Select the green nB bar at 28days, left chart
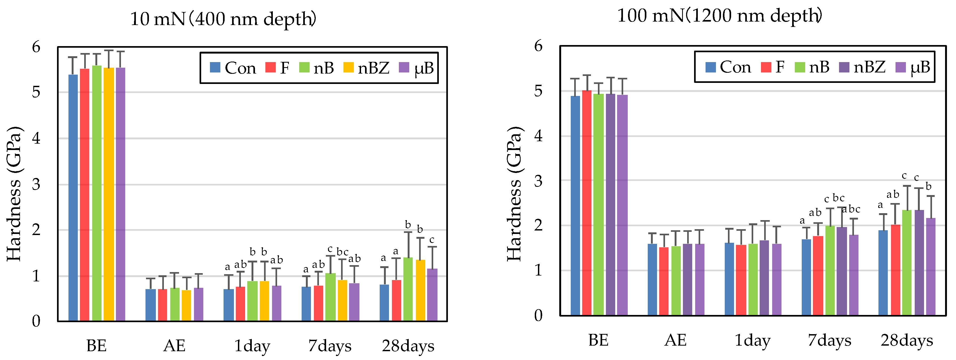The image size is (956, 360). [408, 289]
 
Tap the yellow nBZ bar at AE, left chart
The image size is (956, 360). [186, 305]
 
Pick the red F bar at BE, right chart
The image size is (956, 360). [587, 203]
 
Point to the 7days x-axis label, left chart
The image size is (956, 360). [330, 346]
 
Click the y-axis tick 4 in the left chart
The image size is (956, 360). [36, 139]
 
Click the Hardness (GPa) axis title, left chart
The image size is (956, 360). [14, 194]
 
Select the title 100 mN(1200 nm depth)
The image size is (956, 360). [719, 15]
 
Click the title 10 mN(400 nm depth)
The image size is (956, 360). [223, 19]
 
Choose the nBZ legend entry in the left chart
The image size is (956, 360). [367, 68]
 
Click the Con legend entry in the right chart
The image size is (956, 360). [728, 67]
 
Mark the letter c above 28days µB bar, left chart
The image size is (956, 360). [432, 240]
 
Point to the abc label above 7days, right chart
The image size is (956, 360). [851, 209]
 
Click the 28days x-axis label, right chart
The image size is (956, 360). [907, 340]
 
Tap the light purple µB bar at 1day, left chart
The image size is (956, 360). [277, 303]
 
